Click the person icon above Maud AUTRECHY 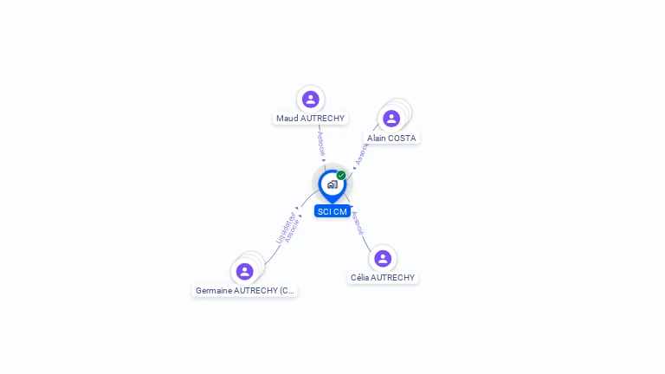tap(310, 99)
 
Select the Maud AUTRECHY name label tap(310, 118)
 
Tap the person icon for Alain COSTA tap(391, 118)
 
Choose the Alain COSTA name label tap(391, 138)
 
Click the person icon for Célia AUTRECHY tap(383, 258)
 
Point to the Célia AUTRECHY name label tap(383, 278)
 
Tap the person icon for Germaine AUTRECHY tap(245, 271)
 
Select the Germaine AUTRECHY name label tap(245, 291)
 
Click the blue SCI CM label tap(332, 211)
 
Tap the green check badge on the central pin tap(341, 175)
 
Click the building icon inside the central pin tap(332, 184)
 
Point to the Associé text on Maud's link tap(320, 143)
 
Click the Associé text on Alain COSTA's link tap(362, 153)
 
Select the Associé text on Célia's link tap(358, 223)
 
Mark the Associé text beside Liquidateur tap(292, 230)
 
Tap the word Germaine tap(213, 291)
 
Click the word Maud tap(286, 118)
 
